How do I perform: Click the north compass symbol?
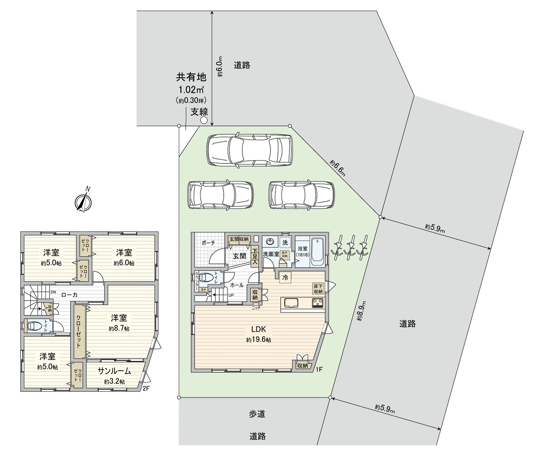pyautogui.click(x=83, y=202)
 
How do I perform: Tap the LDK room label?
pyautogui.click(x=258, y=329)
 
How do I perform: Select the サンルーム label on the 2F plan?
pyautogui.click(x=114, y=371)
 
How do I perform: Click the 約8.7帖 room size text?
pyautogui.click(x=119, y=328)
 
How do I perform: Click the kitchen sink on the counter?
pyautogui.click(x=290, y=303)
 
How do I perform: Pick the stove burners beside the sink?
pyautogui.click(x=317, y=302)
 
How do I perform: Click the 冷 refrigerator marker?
pyautogui.click(x=285, y=277)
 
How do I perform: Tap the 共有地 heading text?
pyautogui.click(x=191, y=77)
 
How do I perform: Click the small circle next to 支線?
pyautogui.click(x=204, y=121)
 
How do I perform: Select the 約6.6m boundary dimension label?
pyautogui.click(x=338, y=168)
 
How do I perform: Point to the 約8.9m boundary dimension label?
pyautogui.click(x=363, y=311)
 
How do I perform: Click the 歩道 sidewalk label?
pyautogui.click(x=257, y=414)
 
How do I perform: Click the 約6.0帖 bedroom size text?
pyautogui.click(x=124, y=263)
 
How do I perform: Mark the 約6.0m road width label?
pyautogui.click(x=220, y=66)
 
